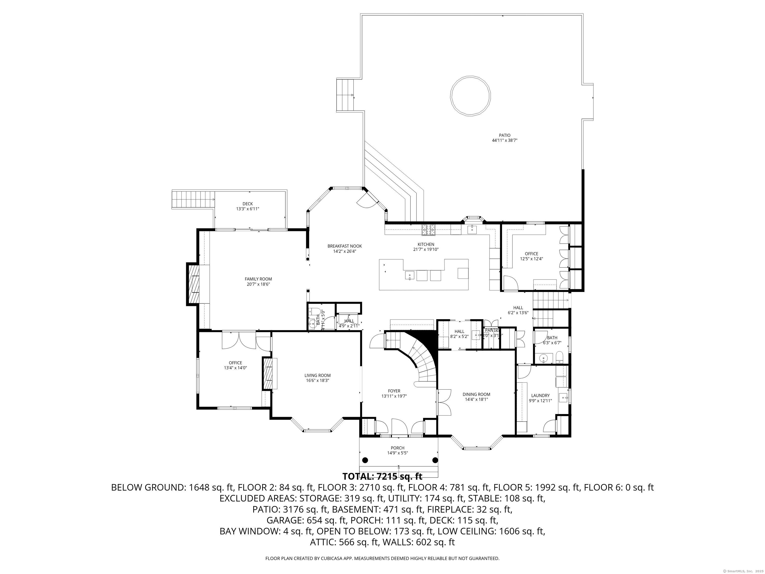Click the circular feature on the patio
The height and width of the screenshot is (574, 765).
pyautogui.click(x=470, y=95)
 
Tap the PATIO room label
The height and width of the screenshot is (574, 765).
pyautogui.click(x=505, y=135)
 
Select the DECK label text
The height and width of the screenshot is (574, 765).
pyautogui.click(x=247, y=204)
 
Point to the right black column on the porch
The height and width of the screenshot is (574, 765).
pyautogui.click(x=435, y=460)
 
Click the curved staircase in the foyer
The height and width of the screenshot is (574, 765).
pyautogui.click(x=420, y=360)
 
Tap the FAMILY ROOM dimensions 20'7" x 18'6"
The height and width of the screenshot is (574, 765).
pyautogui.click(x=258, y=284)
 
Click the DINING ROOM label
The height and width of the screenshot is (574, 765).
pyautogui.click(x=476, y=394)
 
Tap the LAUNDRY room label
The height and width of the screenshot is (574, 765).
pyautogui.click(x=540, y=395)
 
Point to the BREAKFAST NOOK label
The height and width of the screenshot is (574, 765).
pyautogui.click(x=344, y=246)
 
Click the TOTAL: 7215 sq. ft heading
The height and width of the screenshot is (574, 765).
pyautogui.click(x=382, y=476)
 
